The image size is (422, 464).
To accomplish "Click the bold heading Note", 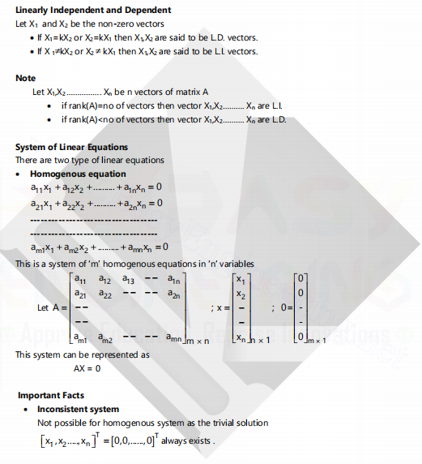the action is click(x=26, y=78).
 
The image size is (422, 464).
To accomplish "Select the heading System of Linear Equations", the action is click(x=71, y=147).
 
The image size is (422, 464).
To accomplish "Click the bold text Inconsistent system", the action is click(x=78, y=409).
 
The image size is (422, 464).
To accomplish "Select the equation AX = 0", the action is click(x=87, y=368).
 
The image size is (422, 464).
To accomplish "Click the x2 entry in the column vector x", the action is click(x=241, y=293).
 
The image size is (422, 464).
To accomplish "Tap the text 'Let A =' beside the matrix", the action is click(x=53, y=309).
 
